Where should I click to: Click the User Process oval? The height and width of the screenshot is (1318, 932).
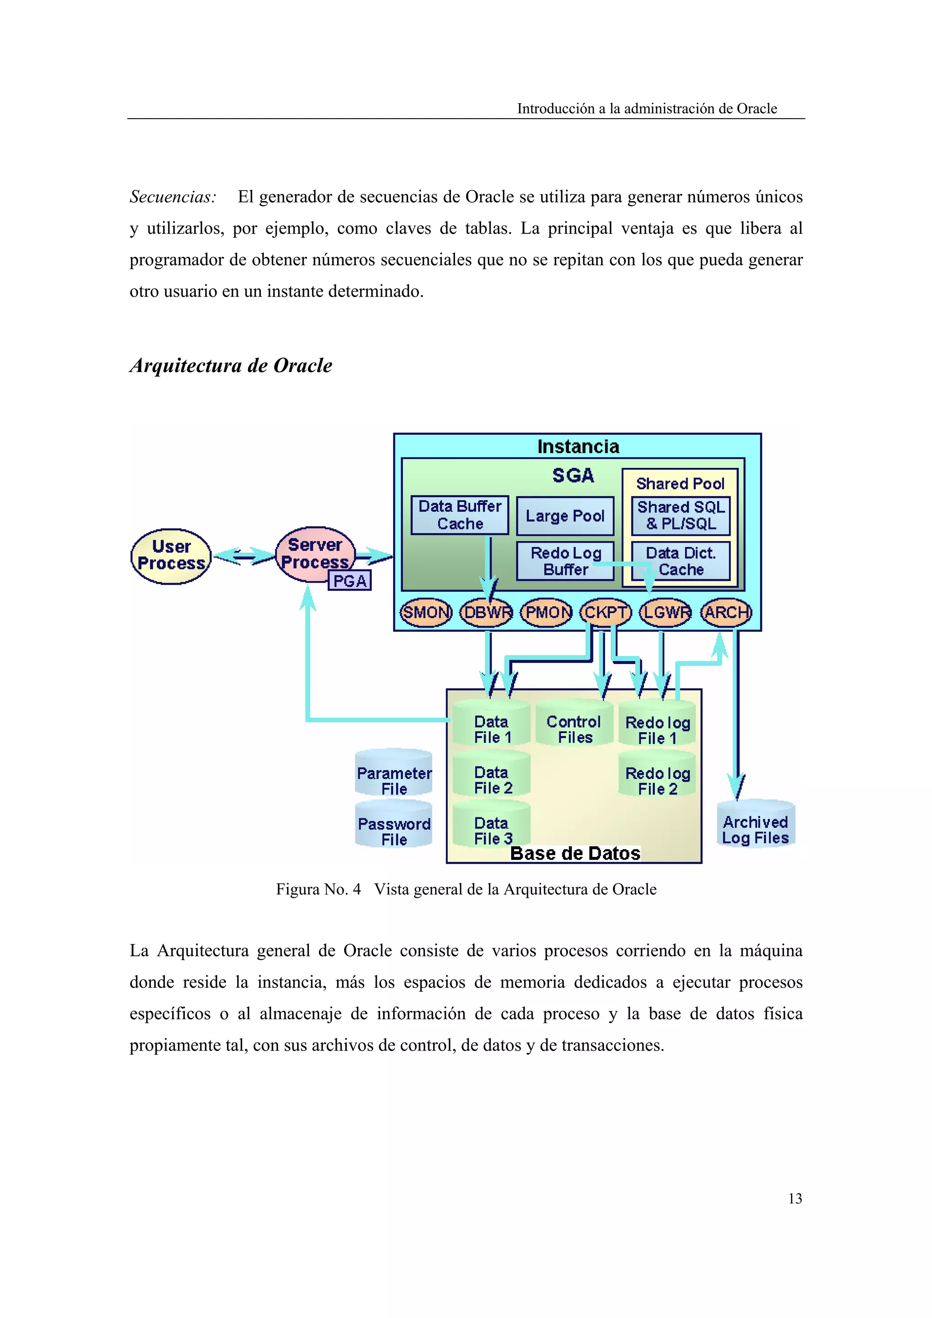point(171,556)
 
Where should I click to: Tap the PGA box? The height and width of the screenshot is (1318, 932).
point(349,581)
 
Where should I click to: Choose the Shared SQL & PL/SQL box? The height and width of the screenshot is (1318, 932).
point(680,515)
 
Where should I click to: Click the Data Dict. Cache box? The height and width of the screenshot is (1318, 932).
point(680,561)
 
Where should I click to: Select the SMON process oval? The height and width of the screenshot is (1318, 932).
point(425,613)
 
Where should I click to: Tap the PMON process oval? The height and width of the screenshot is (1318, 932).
point(546,613)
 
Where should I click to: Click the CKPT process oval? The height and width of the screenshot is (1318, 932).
point(605,613)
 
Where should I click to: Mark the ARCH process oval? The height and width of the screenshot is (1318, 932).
point(726,613)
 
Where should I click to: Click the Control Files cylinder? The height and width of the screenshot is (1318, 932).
point(574,725)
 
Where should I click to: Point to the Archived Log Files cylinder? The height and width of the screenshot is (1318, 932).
point(755,827)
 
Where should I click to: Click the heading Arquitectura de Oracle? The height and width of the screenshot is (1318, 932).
point(231,366)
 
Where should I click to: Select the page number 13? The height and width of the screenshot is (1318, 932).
point(795,1198)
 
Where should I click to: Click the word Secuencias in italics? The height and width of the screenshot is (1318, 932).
point(173,197)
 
